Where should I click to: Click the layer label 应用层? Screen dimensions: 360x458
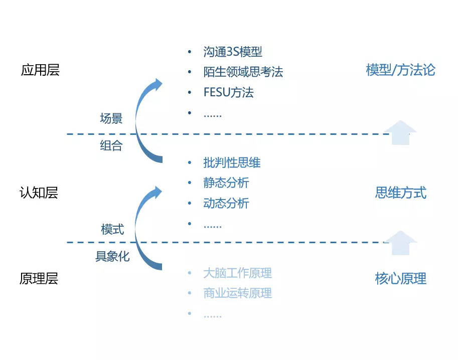point(40,70)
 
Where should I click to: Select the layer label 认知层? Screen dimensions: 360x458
point(39,193)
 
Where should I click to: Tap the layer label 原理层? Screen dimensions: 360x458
point(39,279)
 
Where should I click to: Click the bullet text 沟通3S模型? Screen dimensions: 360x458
point(233,52)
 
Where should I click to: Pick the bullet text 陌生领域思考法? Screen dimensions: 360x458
point(243,72)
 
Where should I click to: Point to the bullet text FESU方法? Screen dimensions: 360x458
point(228,93)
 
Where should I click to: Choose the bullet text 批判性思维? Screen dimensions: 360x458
point(232,162)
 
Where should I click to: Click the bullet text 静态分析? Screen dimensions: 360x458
point(226,183)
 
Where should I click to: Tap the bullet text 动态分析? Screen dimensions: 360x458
point(226,204)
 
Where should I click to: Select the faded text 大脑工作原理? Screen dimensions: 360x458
point(237,273)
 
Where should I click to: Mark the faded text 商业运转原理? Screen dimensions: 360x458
point(237,293)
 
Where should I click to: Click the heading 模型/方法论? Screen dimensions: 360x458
point(400,70)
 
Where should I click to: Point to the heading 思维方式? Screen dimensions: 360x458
point(400,193)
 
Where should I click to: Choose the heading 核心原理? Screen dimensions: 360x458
point(400,279)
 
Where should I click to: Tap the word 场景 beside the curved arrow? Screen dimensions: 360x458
point(111,119)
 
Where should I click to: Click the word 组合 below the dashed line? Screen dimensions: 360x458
point(111,146)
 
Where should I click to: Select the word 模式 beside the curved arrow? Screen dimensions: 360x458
point(112,230)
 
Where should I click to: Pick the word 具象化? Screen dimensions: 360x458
point(112,257)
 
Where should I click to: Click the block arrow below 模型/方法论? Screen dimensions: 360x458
point(400,133)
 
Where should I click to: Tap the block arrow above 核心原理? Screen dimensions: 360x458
point(400,242)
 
